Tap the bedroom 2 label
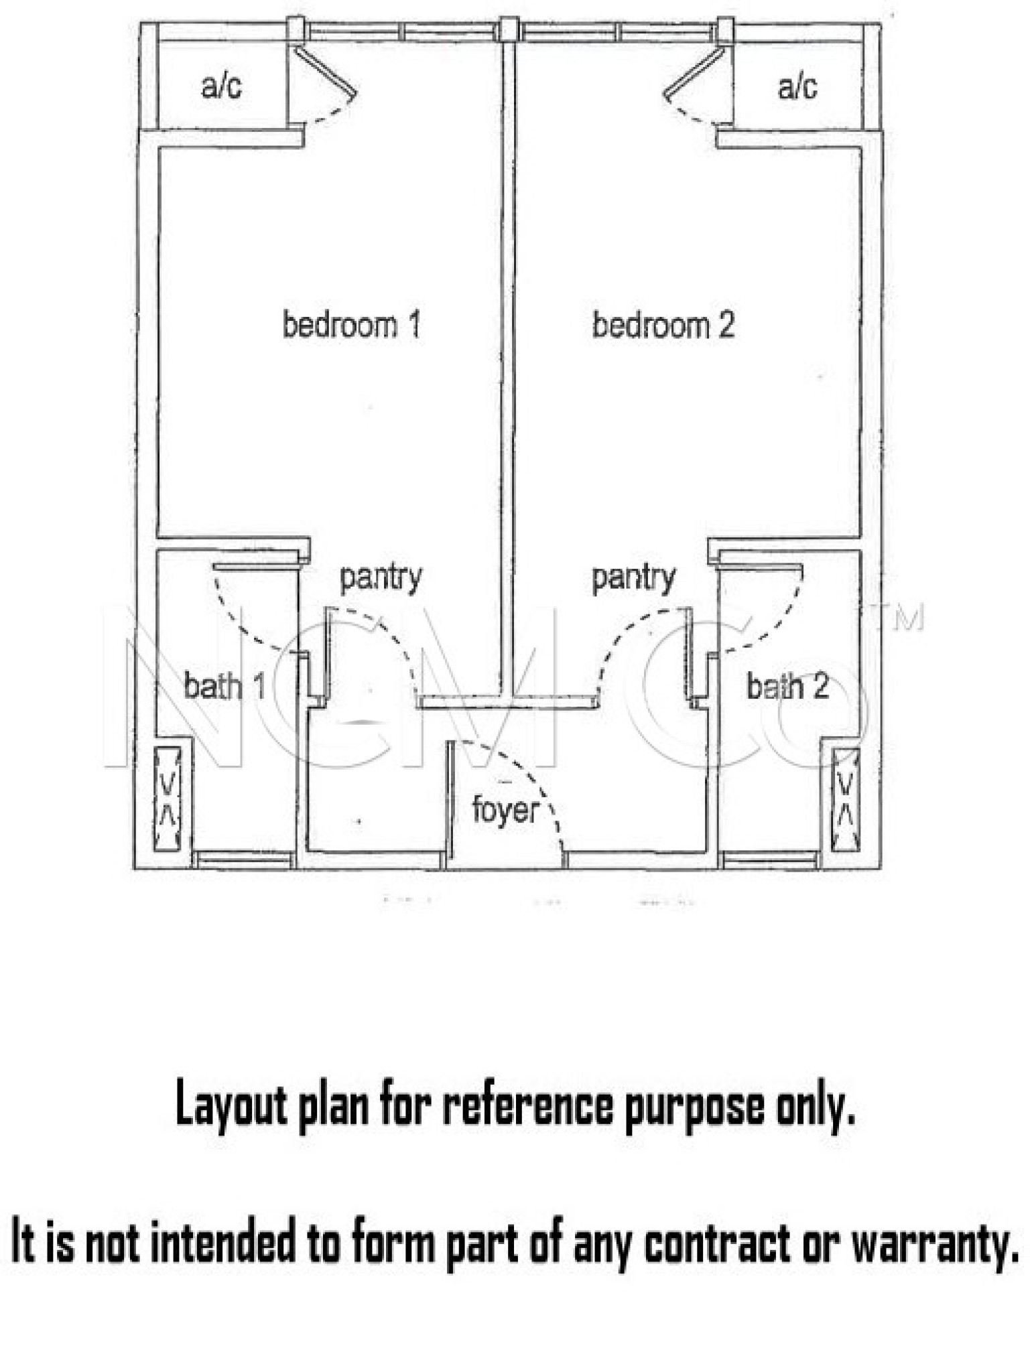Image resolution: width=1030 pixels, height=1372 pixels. tap(663, 325)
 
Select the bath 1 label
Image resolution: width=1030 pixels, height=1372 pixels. tap(224, 686)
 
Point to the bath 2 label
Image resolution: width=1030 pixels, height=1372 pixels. tap(787, 686)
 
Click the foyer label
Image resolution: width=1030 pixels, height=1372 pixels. tap(505, 810)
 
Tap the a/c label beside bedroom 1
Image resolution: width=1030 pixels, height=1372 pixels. tap(221, 86)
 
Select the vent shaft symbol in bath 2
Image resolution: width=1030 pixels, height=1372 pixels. tap(846, 799)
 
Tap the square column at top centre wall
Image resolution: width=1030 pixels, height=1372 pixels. tap(510, 29)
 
